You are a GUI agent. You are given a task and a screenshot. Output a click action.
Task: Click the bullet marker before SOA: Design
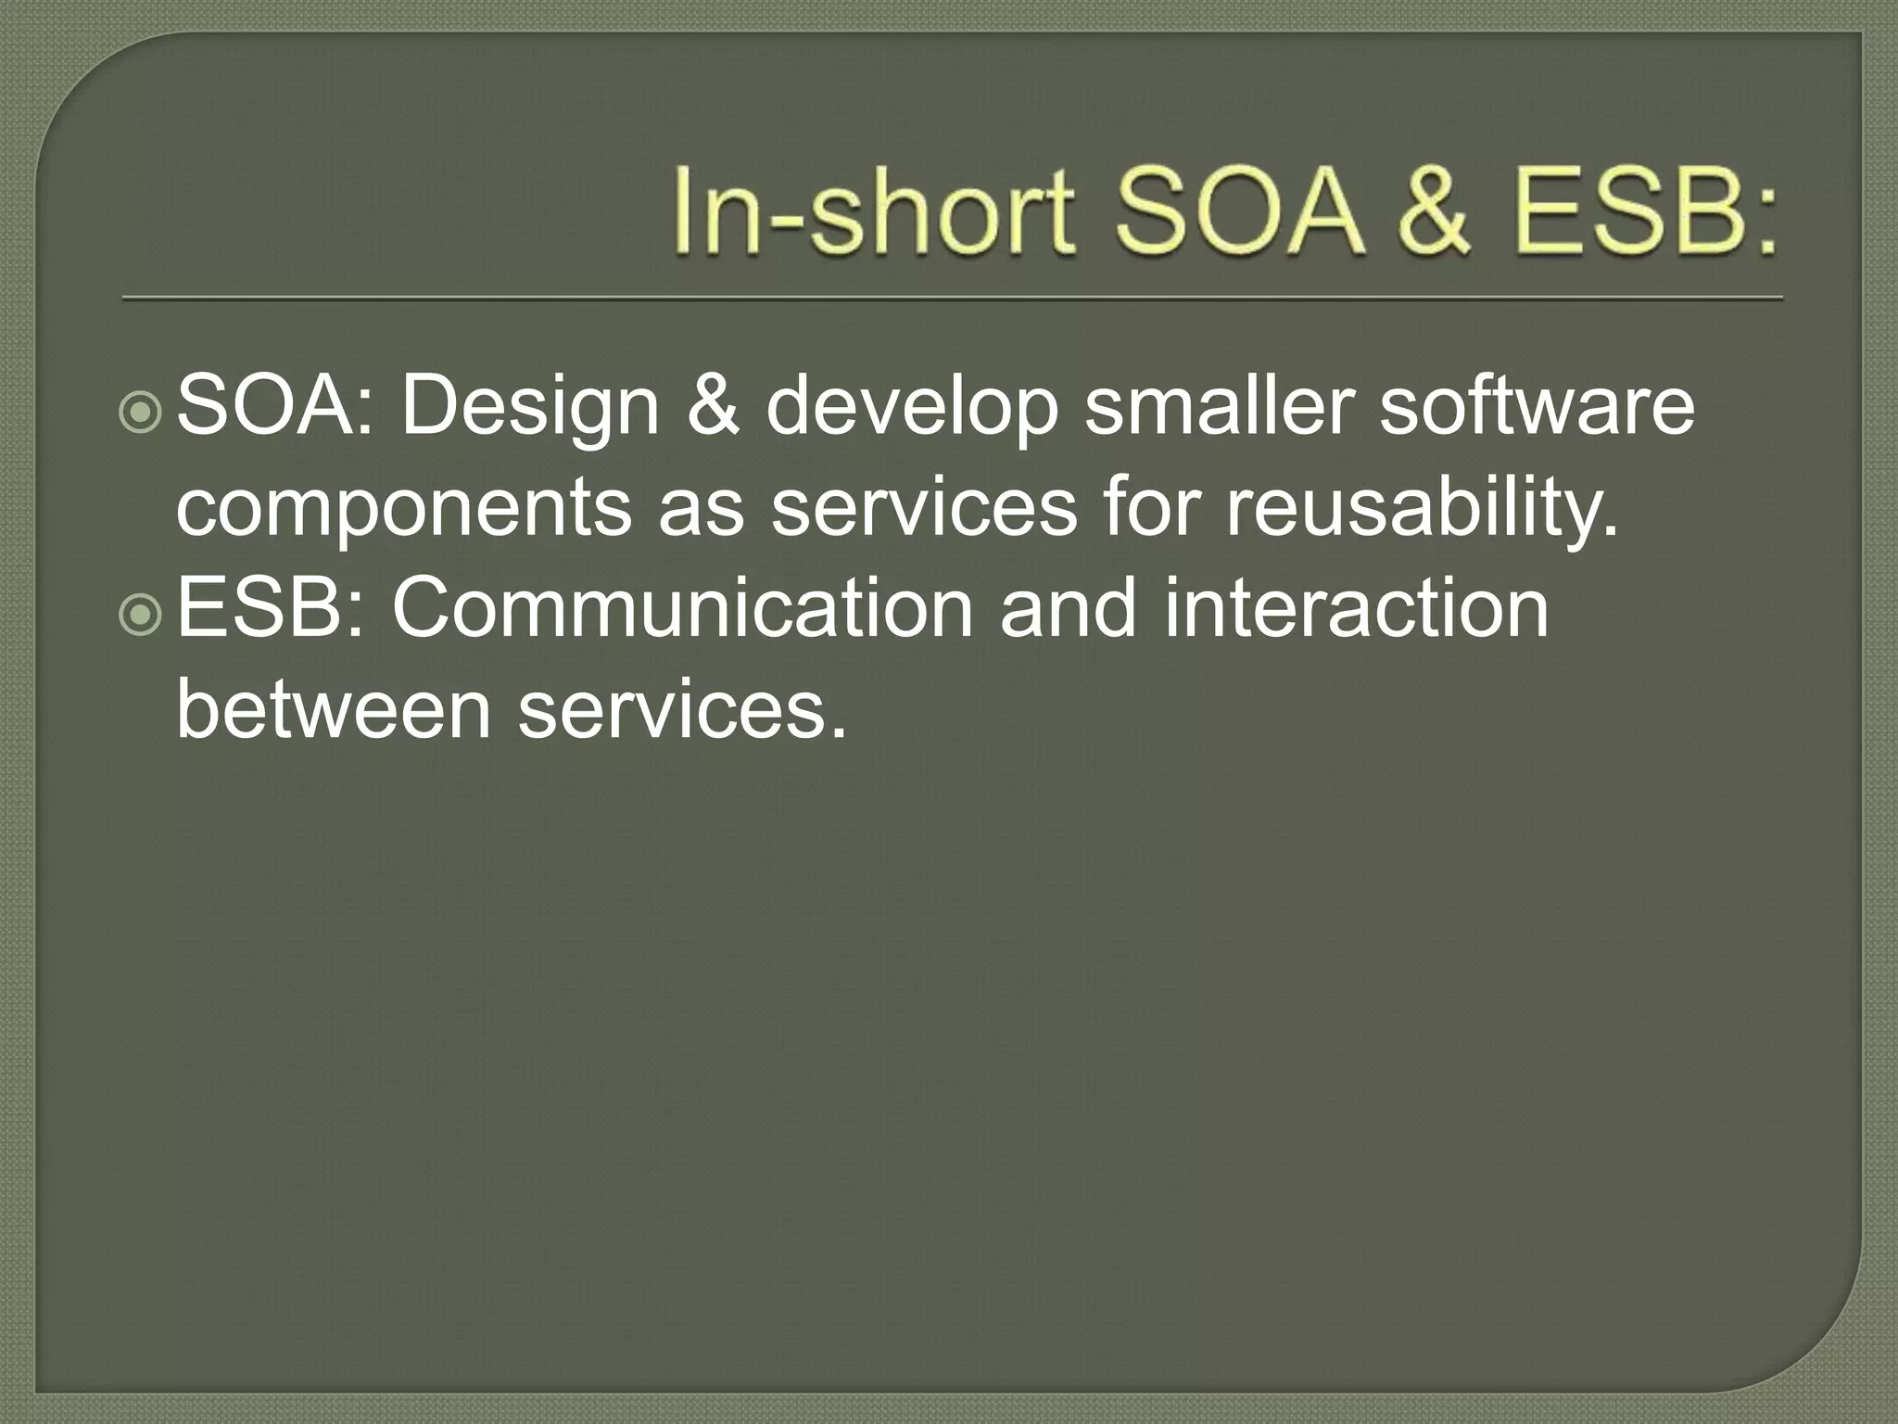(141, 414)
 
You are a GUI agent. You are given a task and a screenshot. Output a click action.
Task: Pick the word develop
(911, 410)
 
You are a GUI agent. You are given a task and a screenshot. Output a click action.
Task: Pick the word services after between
(682, 711)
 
